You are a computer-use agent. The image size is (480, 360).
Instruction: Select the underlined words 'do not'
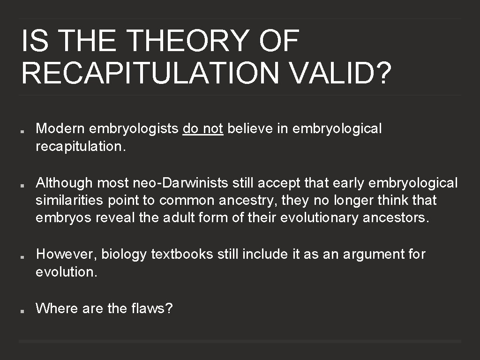pyautogui.click(x=202, y=128)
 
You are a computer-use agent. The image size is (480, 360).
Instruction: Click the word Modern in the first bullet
pyautogui.click(x=61, y=128)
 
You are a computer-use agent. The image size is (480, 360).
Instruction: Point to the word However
pyautogui.click(x=67, y=254)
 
